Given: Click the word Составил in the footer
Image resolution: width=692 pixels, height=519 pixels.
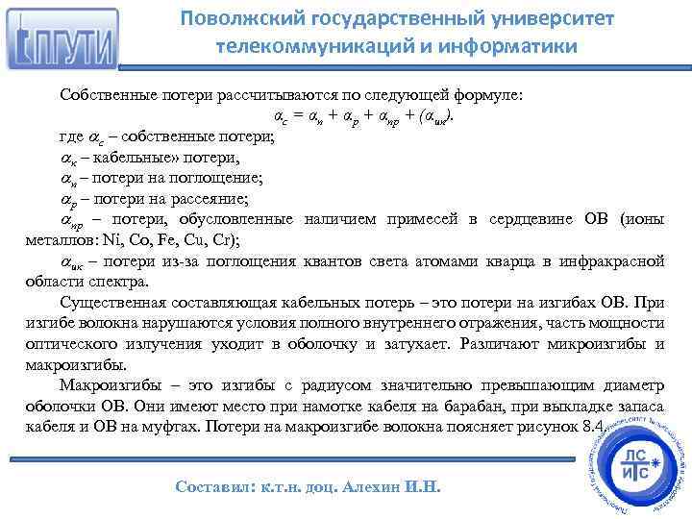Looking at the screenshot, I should click(x=213, y=486).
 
